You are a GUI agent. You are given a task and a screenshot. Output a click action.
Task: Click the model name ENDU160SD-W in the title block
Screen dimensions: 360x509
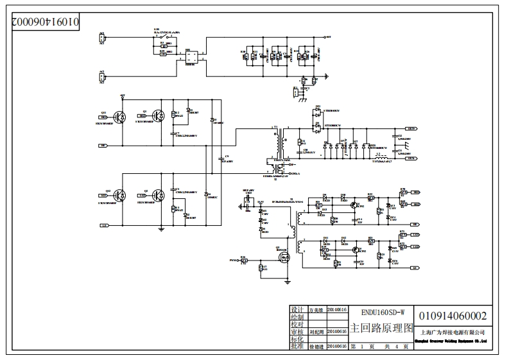383,313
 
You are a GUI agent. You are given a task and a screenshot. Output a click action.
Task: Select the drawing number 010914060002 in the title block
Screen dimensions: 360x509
453,316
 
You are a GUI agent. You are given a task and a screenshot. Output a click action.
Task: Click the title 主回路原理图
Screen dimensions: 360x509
383,329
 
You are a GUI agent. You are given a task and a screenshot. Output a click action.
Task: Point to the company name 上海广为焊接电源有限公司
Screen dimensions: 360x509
453,332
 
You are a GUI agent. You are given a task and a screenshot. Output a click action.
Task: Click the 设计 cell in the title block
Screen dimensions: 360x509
297,309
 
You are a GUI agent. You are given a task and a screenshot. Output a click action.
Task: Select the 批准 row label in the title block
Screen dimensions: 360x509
297,346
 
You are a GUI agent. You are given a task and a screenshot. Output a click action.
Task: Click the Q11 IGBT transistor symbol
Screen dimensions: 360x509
120,117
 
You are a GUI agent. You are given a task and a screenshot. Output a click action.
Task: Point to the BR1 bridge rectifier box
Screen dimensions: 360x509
190,57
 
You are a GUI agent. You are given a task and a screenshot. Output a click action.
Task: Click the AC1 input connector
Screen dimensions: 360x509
101,37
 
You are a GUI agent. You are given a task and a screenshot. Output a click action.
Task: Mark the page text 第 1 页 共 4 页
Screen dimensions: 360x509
383,346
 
